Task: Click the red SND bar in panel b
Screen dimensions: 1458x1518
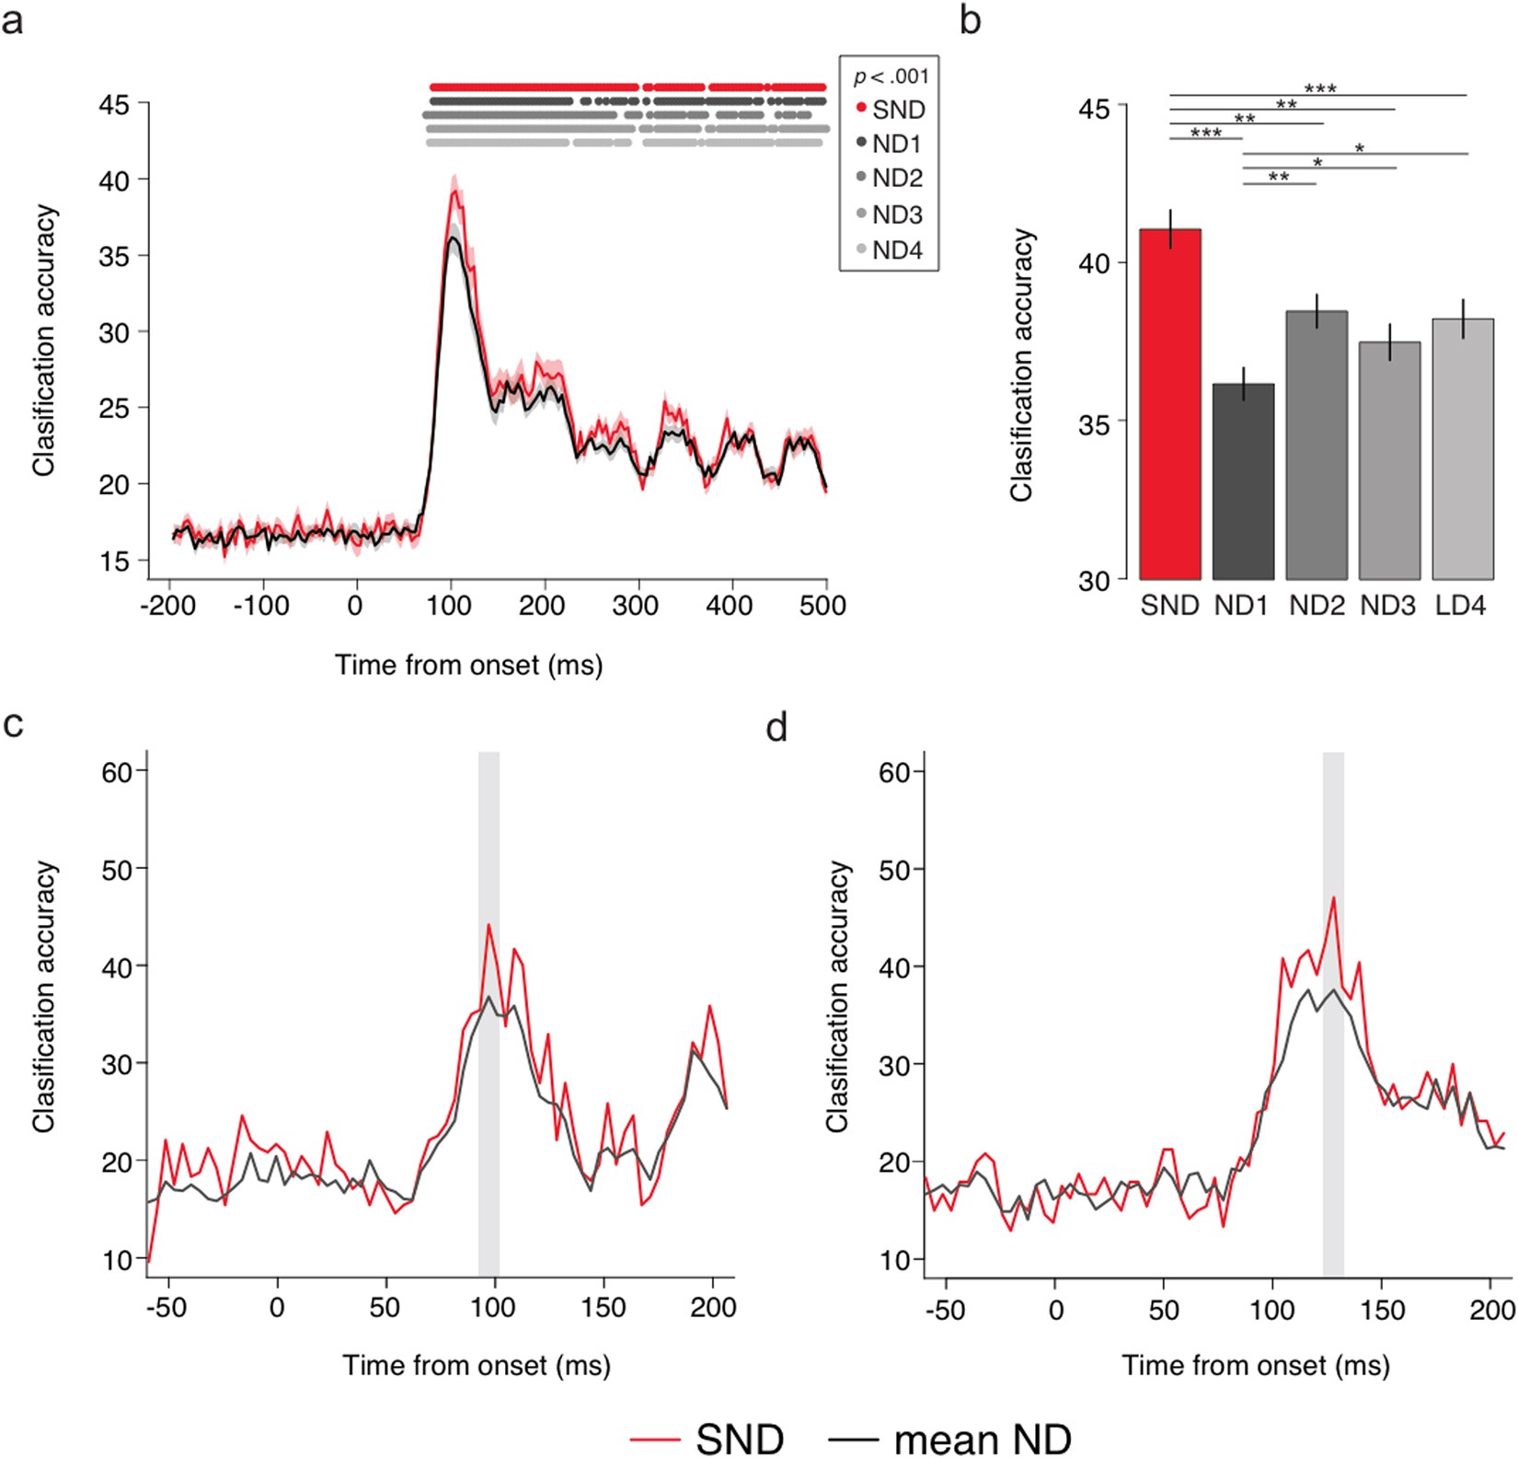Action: (1170, 405)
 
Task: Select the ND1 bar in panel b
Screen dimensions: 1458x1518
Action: (1243, 481)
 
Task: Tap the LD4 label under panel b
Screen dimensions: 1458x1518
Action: (1460, 606)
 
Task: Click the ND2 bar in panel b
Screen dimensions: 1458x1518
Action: (1317, 445)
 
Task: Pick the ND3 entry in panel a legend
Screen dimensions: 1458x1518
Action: (889, 214)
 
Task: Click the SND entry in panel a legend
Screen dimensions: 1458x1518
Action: (891, 110)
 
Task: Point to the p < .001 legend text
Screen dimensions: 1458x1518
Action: (891, 77)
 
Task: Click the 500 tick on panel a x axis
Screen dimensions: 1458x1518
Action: (823, 606)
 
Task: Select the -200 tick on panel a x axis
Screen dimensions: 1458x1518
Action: (169, 606)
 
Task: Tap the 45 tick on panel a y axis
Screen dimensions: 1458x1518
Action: (114, 105)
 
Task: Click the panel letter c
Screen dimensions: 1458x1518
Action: (13, 724)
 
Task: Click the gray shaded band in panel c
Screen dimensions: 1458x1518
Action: (489, 1012)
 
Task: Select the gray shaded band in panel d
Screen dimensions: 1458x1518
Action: (1333, 1012)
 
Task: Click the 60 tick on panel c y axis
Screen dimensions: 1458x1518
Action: (117, 771)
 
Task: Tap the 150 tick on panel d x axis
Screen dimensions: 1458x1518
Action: (1383, 1309)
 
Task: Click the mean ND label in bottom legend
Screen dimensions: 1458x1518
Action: (982, 1439)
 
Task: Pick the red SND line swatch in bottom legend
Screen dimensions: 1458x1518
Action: (655, 1440)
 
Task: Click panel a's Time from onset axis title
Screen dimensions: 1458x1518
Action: (468, 665)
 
